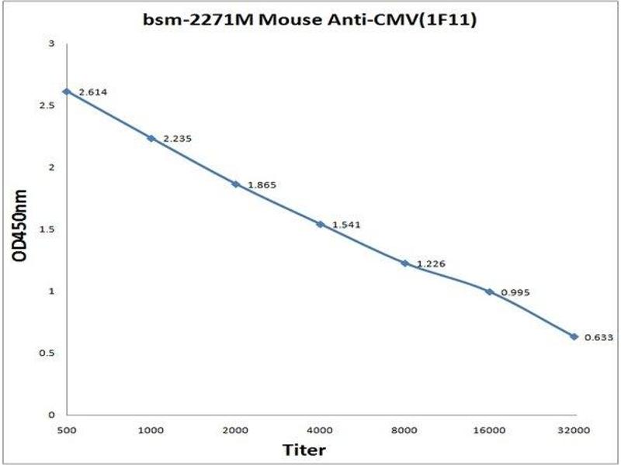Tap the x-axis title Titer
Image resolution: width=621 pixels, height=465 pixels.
(304, 449)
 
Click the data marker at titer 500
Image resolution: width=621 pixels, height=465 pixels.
(67, 91)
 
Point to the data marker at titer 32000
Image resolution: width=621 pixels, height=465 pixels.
(574, 336)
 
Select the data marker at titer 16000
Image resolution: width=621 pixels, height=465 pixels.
(489, 291)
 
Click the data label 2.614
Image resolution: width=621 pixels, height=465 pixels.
(92, 92)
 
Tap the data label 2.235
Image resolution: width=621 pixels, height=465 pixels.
(177, 139)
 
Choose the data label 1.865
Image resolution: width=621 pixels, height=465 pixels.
(262, 185)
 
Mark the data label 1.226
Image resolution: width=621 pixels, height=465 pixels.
(431, 264)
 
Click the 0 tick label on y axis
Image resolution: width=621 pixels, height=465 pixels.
(50, 415)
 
